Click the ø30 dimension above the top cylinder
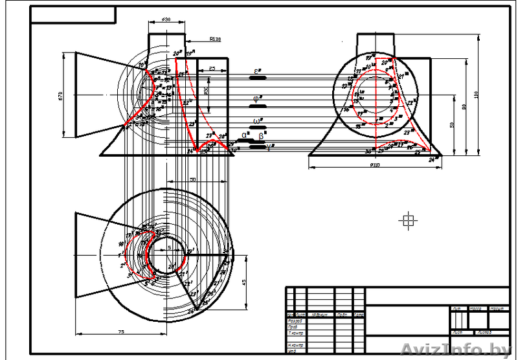(x=166, y=20)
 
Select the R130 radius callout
(x=215, y=39)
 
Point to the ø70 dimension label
(x=60, y=95)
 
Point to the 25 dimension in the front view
(x=212, y=67)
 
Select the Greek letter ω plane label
(x=258, y=121)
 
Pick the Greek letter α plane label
(x=244, y=135)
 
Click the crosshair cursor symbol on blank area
(x=408, y=221)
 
